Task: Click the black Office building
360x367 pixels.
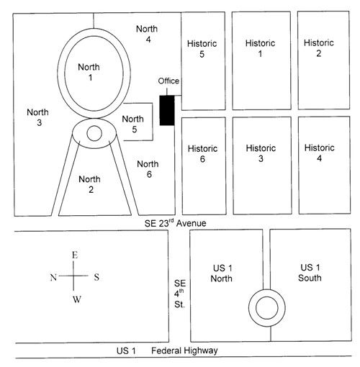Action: (x=167, y=110)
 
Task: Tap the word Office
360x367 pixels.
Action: (x=168, y=81)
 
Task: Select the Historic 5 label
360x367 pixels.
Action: (x=202, y=49)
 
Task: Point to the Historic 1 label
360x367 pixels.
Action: (x=260, y=48)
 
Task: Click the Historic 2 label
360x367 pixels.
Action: (x=319, y=48)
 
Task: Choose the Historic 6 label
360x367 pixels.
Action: (x=202, y=154)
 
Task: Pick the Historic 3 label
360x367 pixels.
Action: (x=261, y=153)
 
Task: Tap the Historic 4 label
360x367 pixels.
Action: (x=320, y=153)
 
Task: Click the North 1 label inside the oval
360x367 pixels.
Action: (x=89, y=72)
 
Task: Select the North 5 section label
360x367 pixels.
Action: (x=133, y=124)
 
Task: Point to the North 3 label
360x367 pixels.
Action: (x=38, y=117)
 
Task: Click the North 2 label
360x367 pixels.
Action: (x=90, y=184)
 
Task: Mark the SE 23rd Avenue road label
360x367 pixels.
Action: (x=175, y=223)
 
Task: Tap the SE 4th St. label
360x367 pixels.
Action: (x=180, y=294)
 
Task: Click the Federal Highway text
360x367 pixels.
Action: (x=184, y=350)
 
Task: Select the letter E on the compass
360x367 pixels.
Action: (x=75, y=255)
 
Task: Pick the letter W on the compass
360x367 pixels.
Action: (x=77, y=299)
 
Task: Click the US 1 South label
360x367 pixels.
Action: (x=310, y=273)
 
